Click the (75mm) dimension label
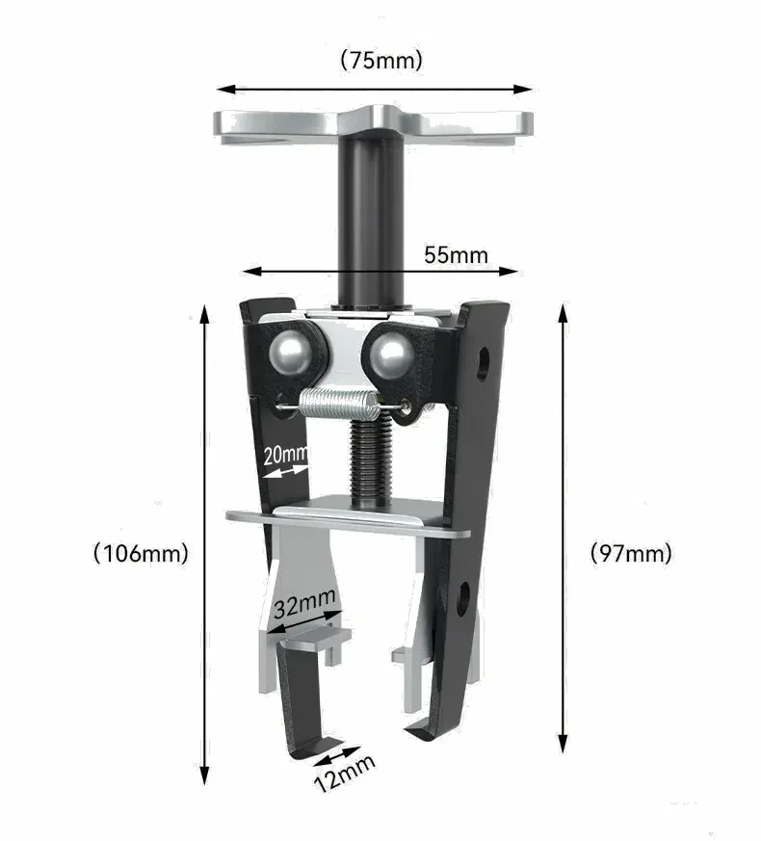coord(381,60)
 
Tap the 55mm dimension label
coord(456,255)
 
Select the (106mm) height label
coord(141,553)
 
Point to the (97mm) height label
coord(631,553)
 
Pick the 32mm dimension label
coord(304,605)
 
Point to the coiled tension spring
coord(334,402)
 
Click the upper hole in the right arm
coord(482,364)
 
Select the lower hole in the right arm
coord(462,598)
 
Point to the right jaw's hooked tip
coord(421,731)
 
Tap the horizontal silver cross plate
coord(349,517)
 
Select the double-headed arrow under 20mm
coord(284,471)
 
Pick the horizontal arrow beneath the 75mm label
coord(375,89)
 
